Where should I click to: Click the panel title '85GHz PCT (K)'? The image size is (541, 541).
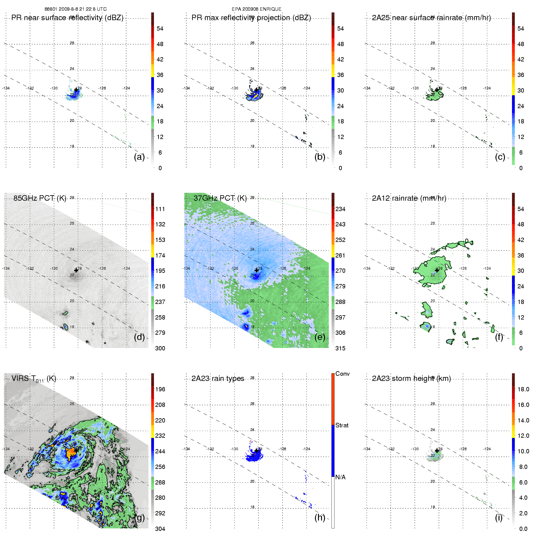(x=40, y=198)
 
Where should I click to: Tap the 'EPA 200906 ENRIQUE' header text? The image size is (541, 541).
(x=256, y=9)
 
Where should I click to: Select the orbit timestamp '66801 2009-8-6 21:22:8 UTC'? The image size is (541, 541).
(x=75, y=9)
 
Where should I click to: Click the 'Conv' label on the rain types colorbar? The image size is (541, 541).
(x=342, y=374)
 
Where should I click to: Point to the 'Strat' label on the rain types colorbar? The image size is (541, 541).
(x=342, y=425)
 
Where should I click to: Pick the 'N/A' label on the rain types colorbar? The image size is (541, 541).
(x=340, y=477)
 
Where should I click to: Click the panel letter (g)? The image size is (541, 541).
(x=139, y=517)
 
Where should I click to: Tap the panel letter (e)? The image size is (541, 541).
(x=320, y=337)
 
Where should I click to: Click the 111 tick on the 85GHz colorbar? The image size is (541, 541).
(x=160, y=209)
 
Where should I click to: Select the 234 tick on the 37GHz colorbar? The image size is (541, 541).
(x=340, y=209)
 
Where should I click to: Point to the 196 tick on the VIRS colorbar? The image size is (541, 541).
(x=160, y=389)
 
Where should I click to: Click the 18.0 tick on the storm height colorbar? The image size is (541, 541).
(x=523, y=389)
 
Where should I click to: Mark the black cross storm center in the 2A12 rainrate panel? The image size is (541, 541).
(x=437, y=270)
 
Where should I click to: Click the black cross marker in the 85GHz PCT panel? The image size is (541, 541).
(x=76, y=270)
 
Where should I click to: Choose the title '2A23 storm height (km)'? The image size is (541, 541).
(x=411, y=378)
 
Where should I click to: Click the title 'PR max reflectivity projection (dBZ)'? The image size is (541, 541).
(x=251, y=18)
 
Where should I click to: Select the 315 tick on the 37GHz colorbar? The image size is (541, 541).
(x=340, y=348)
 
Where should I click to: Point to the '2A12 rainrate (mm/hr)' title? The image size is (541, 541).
(x=409, y=198)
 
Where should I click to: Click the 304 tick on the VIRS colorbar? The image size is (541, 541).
(x=160, y=529)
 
